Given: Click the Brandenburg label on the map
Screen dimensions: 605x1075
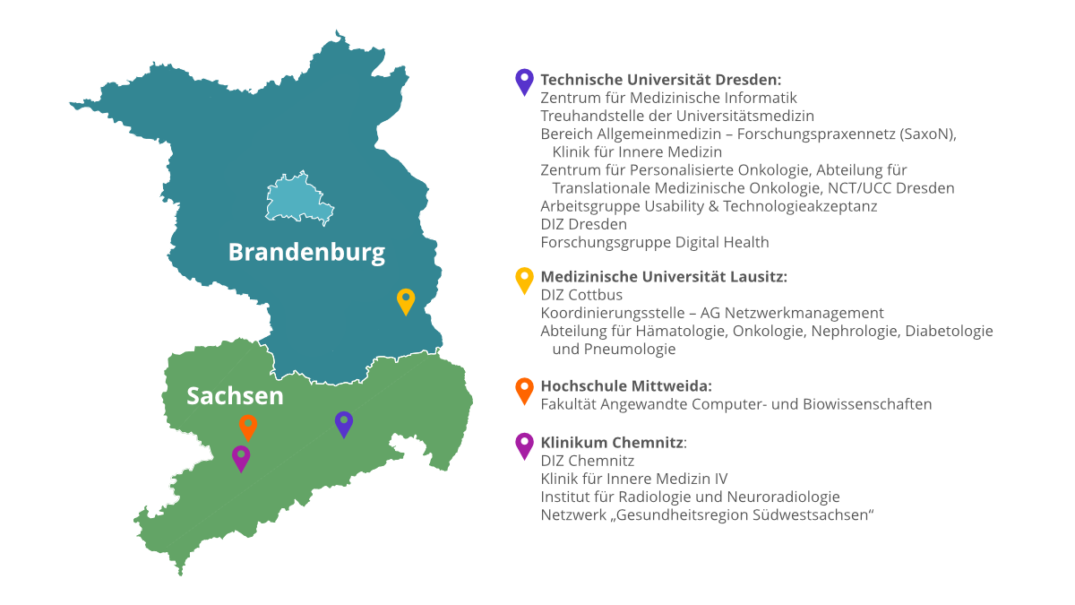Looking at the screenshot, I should point(306,253).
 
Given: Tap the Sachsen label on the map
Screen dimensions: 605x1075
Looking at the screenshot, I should point(235,395).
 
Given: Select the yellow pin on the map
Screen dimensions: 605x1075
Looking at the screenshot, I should point(406,299).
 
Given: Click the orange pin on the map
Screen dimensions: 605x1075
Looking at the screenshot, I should point(248,426).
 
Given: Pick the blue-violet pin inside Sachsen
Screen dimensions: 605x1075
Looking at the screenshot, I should point(344,422).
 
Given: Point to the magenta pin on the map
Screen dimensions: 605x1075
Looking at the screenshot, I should point(241,456).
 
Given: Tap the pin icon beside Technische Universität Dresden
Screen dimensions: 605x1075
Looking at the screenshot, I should point(524,82).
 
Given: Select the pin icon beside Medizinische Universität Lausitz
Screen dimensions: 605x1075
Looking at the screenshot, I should point(524,279).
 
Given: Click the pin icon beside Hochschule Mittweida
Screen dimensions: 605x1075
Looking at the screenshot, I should point(524,389).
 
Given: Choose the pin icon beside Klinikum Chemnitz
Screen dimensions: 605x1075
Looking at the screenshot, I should point(524,444).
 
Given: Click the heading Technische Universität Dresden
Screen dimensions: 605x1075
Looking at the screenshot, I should point(661,80).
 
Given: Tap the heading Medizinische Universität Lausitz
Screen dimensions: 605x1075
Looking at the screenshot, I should point(664,277).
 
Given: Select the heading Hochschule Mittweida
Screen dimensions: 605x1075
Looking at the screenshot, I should point(626,386).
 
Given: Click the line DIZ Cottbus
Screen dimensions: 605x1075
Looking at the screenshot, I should point(581,295).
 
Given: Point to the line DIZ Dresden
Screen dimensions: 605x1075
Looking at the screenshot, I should point(583,224).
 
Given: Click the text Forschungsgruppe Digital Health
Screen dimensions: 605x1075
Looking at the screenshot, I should point(655,242).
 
